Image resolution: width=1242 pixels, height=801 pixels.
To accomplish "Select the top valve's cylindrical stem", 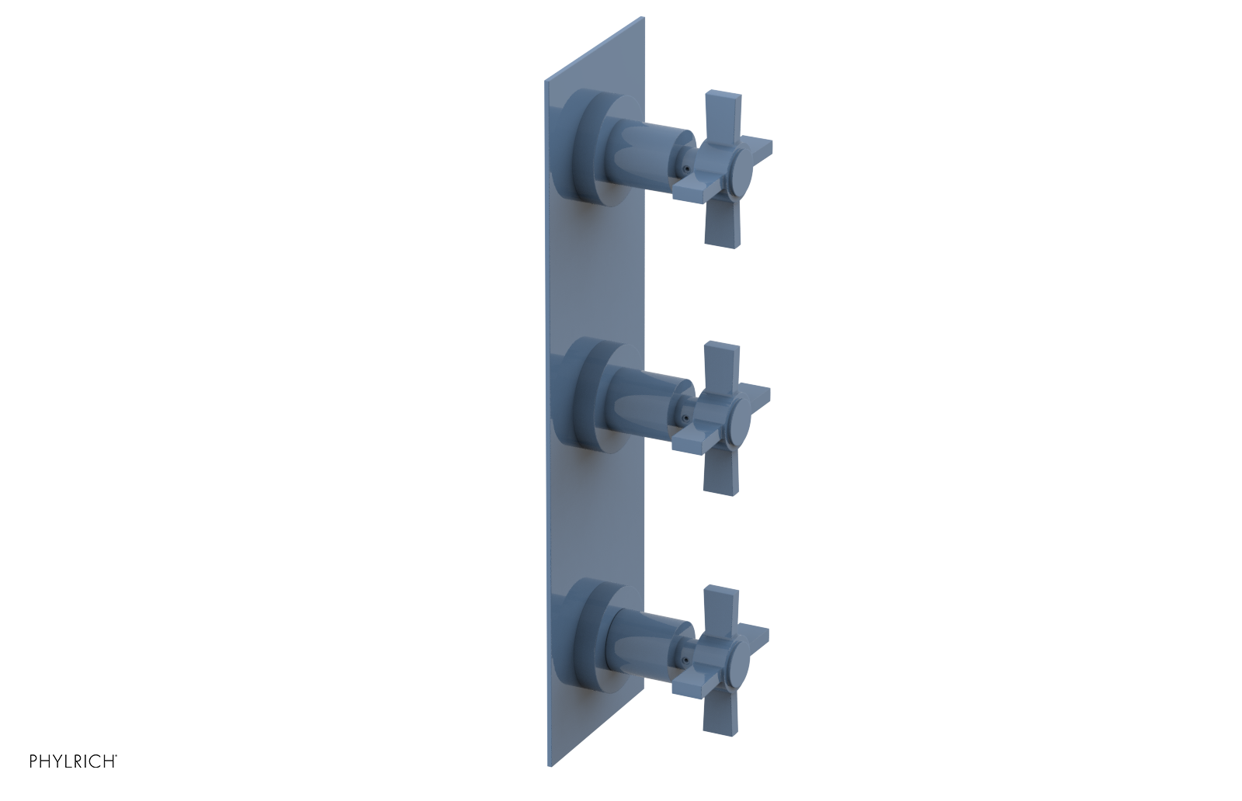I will click(648, 159).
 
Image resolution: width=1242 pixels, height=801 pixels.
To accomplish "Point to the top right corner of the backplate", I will click(644, 18).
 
